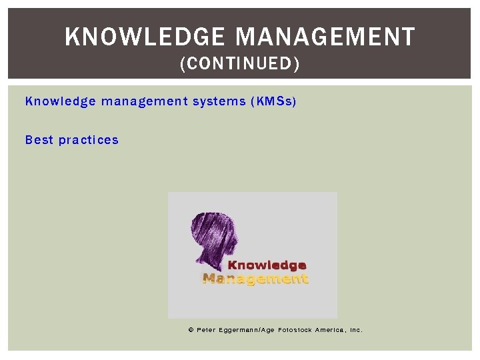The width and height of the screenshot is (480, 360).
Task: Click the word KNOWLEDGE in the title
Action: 145,37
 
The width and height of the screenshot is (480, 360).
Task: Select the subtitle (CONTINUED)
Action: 240,64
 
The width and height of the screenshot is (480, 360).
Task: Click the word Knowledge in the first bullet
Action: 60,101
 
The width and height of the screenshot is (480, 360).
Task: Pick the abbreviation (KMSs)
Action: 273,101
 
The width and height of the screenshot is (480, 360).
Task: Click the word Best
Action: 39,140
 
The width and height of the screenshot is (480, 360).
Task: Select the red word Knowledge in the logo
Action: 267,266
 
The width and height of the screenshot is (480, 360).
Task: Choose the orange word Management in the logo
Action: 255,279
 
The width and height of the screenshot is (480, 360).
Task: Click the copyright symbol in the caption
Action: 191,330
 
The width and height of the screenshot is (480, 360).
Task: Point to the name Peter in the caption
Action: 206,330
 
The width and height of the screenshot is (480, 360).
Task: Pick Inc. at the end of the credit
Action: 356,330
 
